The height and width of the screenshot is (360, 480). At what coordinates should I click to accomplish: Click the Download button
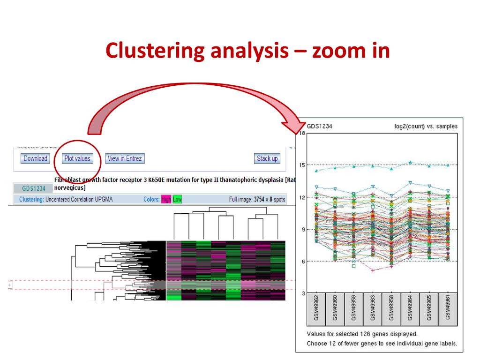click(x=35, y=158)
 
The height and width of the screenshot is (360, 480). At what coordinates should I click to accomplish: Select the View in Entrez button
click(x=124, y=158)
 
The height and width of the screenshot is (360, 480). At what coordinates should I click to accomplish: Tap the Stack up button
click(x=267, y=158)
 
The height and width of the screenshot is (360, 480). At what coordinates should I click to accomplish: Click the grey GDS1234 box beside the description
click(x=34, y=188)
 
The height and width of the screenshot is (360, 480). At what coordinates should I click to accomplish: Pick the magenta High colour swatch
click(x=166, y=200)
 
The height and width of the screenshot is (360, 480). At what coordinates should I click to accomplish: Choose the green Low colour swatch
click(x=177, y=200)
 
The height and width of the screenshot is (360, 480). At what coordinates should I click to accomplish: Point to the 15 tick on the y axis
click(x=302, y=165)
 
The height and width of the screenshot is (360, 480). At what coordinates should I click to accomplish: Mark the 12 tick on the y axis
click(x=302, y=197)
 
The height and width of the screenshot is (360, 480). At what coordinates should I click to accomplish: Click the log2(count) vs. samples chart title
click(x=426, y=127)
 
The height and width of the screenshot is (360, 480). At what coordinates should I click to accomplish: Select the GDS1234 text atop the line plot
click(x=320, y=127)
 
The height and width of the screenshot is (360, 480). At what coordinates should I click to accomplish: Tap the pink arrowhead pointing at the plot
click(x=292, y=127)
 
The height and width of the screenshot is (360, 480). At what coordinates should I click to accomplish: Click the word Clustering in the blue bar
click(x=31, y=200)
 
